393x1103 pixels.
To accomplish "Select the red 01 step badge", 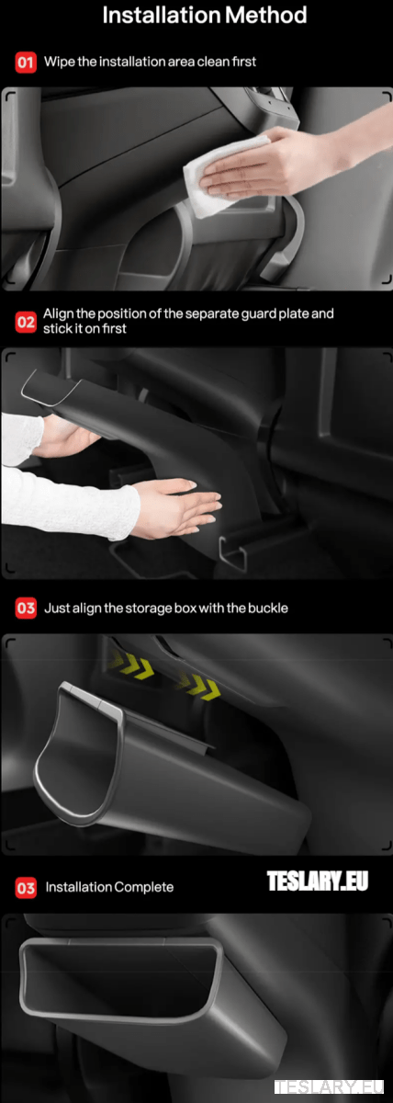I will click(x=26, y=63).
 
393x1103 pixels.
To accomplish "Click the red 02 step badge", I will click(x=26, y=322).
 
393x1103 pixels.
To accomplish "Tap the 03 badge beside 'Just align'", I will click(x=26, y=608).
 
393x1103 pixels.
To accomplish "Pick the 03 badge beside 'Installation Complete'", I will click(x=26, y=888).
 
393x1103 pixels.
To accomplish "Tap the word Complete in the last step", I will click(x=143, y=888).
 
